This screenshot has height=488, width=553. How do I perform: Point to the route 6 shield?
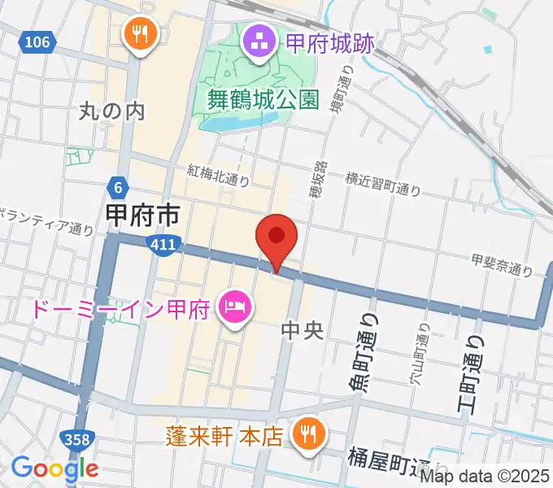tap(119, 188)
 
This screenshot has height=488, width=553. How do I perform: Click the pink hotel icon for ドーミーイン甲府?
tap(234, 307)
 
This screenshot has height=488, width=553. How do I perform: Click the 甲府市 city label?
tap(143, 216)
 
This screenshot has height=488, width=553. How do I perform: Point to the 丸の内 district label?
tap(114, 111)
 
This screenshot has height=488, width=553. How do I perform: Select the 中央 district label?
tap(303, 330)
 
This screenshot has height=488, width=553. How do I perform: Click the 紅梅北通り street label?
tap(218, 175)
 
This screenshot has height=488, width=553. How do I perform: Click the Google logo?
tap(54, 468)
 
